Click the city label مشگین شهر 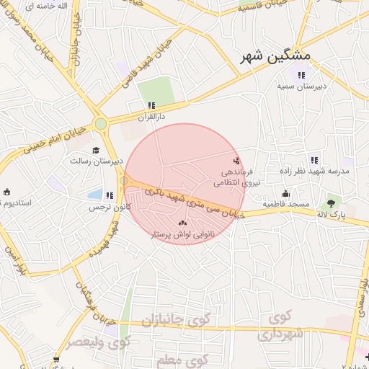(275, 55)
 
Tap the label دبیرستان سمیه (301, 86)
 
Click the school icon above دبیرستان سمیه (301, 75)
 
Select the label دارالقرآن (152, 115)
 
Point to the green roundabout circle (101, 124)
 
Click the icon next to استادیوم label (6, 192)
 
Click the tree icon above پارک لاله (332, 203)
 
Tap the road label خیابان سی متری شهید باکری (195, 204)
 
